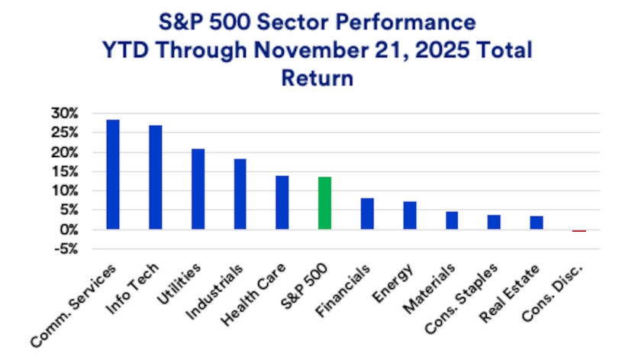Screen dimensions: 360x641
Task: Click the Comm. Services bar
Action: pyautogui.click(x=113, y=175)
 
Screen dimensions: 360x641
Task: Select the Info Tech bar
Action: pyautogui.click(x=156, y=177)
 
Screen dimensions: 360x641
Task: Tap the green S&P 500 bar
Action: pyautogui.click(x=325, y=203)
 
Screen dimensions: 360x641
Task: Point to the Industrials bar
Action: pyautogui.click(x=240, y=194)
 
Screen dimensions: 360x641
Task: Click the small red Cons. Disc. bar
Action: pyautogui.click(x=579, y=230)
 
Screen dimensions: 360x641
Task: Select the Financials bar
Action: pyautogui.click(x=367, y=214)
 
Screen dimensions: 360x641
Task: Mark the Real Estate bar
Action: pyautogui.click(x=536, y=223)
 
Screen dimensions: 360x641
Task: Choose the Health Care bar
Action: pyautogui.click(x=282, y=202)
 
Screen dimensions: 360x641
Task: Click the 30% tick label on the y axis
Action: pyautogui.click(x=65, y=114)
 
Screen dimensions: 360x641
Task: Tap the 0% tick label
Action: pyautogui.click(x=69, y=230)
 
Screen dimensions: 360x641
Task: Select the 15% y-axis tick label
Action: pyautogui.click(x=65, y=172)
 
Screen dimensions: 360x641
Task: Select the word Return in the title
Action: pyautogui.click(x=320, y=77)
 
